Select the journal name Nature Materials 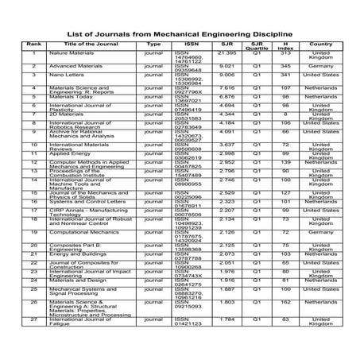[x=71, y=52]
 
